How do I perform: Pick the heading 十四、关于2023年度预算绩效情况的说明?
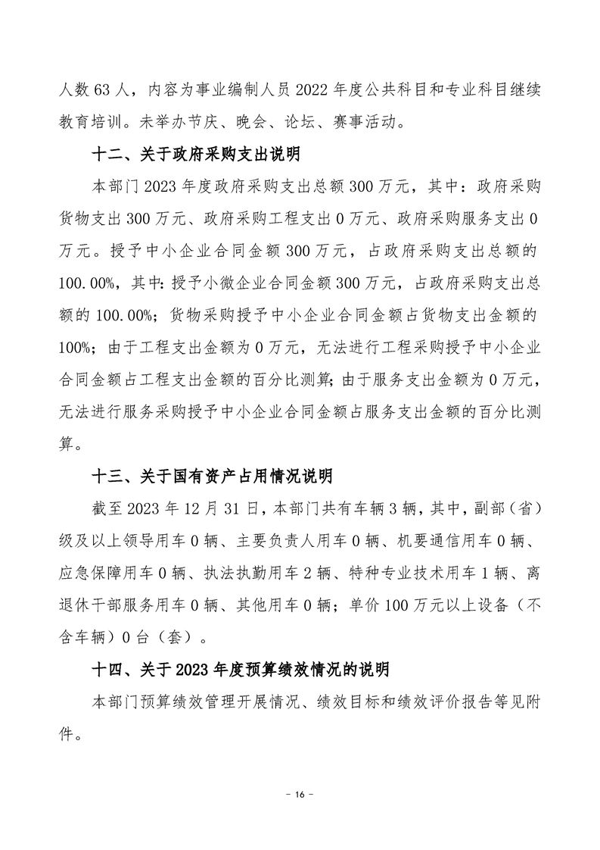click(240, 670)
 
